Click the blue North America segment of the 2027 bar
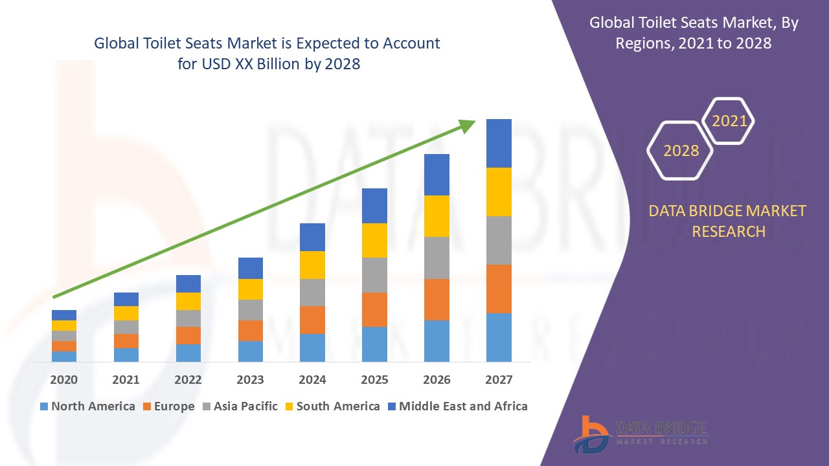(499, 337)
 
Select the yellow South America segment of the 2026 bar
(437, 216)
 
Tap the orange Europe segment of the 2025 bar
(374, 309)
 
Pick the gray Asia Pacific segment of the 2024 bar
(312, 293)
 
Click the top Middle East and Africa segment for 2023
(251, 268)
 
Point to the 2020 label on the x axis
(63, 380)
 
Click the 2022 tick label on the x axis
(188, 380)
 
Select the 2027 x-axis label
(499, 380)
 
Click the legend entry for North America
(87, 406)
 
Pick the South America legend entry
(332, 406)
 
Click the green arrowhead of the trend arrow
(467, 125)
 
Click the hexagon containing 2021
(729, 121)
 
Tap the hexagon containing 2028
(681, 150)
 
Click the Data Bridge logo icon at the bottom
(591, 434)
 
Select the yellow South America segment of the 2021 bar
(126, 313)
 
